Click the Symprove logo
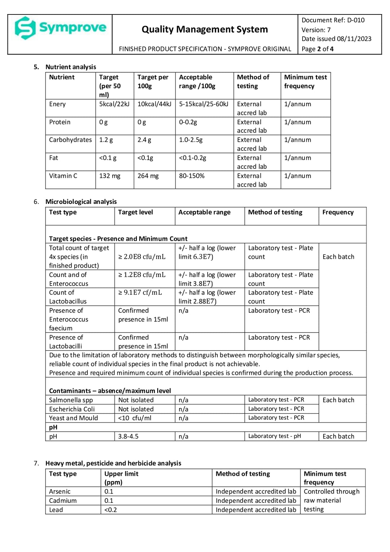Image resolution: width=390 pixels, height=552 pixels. [60, 28]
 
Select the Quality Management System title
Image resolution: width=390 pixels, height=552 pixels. [204, 29]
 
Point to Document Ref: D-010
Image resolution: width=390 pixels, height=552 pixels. [333, 20]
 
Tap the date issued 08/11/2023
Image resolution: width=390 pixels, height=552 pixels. [336, 39]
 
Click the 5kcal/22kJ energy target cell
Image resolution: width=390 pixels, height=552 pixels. [114, 104]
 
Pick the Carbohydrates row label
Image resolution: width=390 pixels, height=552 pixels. [70, 140]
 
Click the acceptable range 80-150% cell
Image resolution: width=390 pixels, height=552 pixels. [191, 176]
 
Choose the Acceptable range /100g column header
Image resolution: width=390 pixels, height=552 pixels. [197, 82]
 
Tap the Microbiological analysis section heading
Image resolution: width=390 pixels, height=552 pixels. [81, 202]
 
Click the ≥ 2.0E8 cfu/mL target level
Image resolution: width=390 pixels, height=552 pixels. [142, 257]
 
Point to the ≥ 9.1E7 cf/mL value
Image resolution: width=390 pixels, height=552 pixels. [140, 292]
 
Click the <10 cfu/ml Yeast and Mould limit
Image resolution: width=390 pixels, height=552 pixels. [135, 418]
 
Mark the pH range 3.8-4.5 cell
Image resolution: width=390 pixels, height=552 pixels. [128, 436]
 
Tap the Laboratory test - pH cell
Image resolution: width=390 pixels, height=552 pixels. [274, 436]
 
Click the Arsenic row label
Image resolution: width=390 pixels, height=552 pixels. [60, 492]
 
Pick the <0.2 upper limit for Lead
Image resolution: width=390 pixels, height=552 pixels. [110, 510]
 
